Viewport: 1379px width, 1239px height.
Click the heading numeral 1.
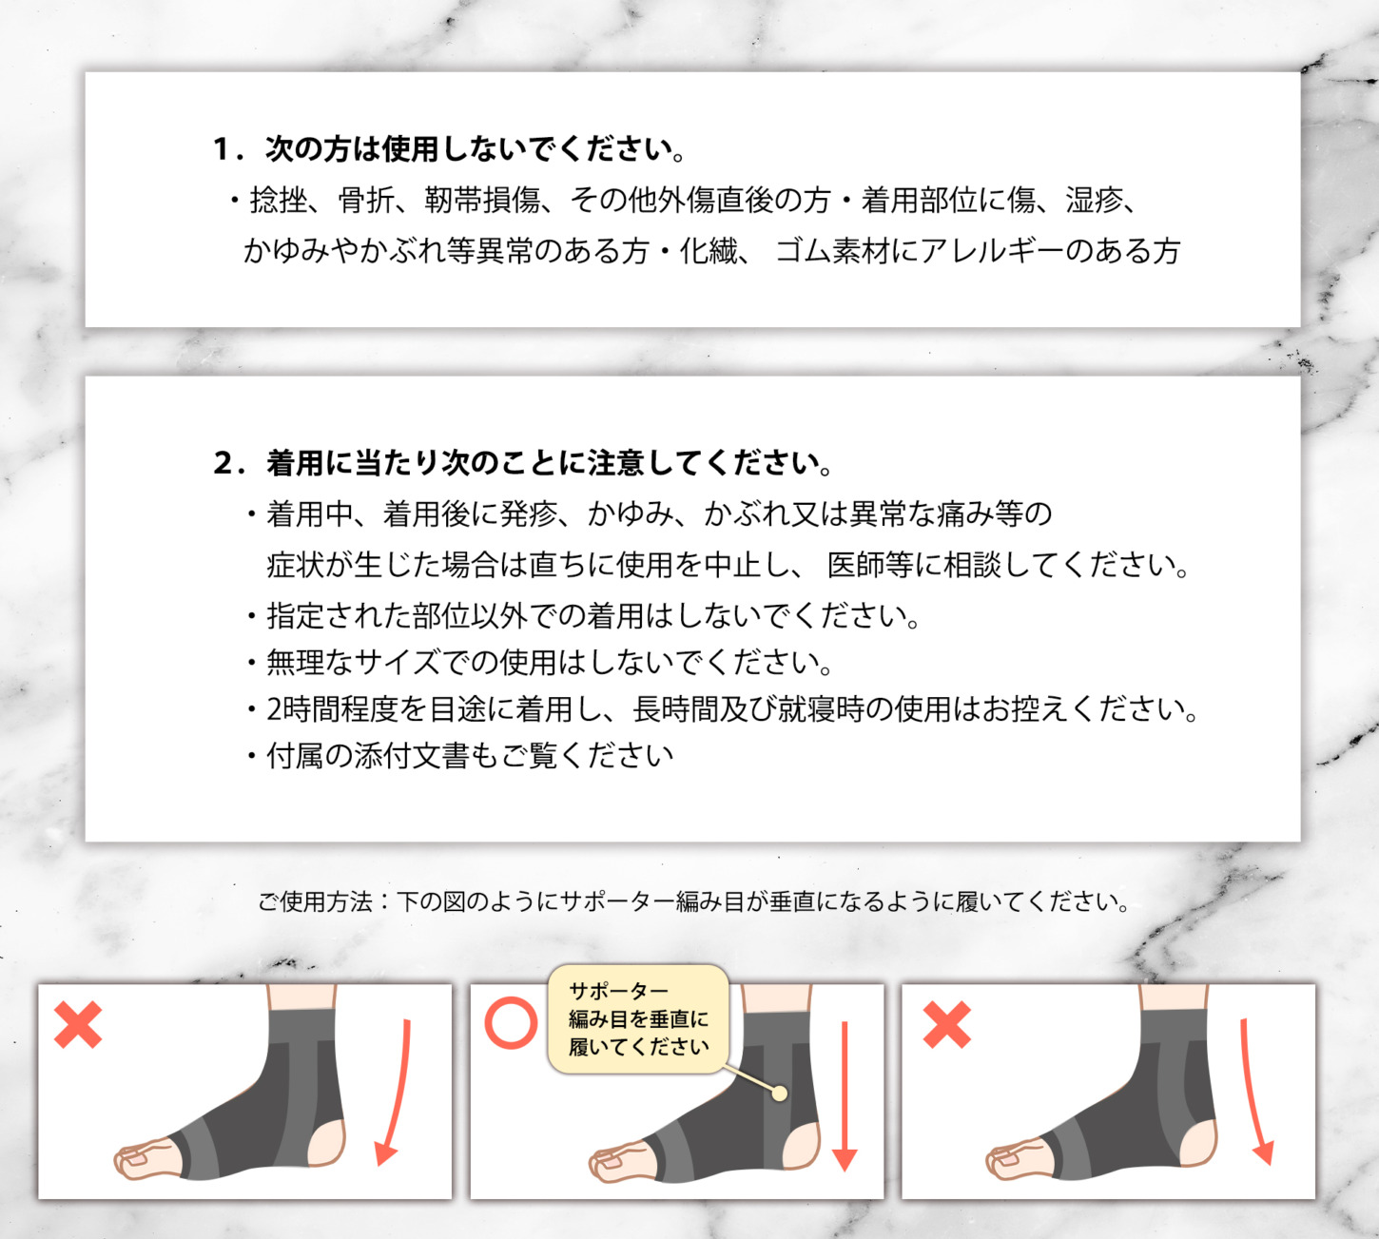(222, 150)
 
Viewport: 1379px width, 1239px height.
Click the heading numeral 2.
(223, 464)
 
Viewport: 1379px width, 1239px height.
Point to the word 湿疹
(1094, 201)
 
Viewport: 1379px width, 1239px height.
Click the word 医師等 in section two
(870, 565)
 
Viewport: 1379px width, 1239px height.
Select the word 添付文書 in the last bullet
(411, 756)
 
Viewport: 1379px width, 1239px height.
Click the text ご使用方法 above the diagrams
(315, 901)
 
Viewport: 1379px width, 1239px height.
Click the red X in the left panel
(78, 1024)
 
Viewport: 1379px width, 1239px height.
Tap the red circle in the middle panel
(511, 1022)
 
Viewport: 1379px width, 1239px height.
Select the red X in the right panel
(947, 1024)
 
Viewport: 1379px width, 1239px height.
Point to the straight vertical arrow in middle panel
(845, 1096)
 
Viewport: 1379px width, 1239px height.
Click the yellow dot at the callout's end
(780, 1094)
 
